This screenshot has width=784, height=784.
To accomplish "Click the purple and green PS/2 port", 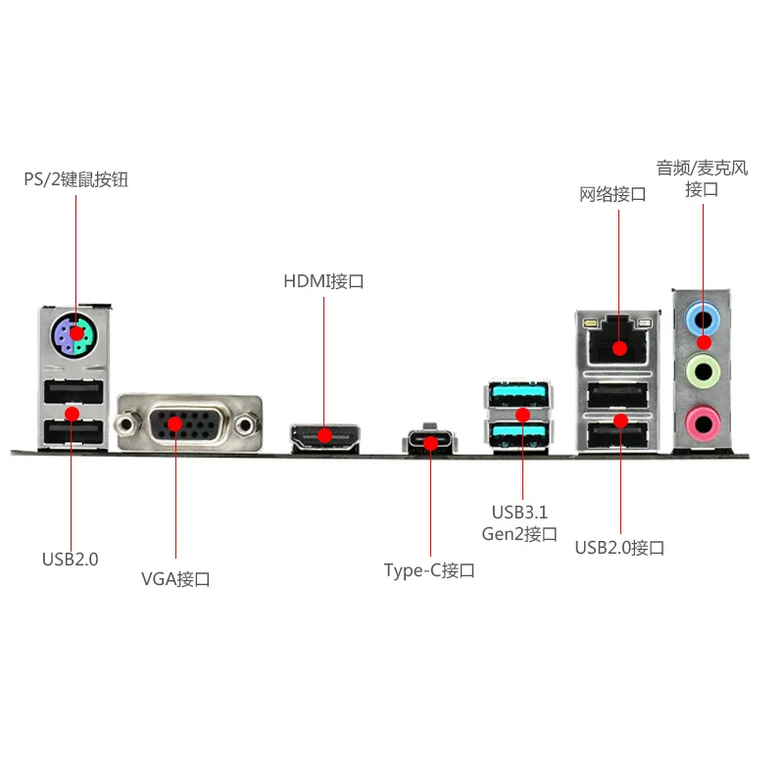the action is coord(74,335).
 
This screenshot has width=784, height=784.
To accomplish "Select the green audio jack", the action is coord(703,371).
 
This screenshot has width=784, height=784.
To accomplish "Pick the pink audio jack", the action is coord(703,423).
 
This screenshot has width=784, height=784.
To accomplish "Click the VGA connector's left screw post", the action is coord(125,425).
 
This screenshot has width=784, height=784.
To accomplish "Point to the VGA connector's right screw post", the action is coord(246,425).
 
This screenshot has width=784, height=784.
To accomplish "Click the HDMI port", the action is coord(325,437).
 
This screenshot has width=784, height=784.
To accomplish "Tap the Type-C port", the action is coord(430,441).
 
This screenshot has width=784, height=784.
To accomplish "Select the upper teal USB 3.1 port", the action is coord(517,395).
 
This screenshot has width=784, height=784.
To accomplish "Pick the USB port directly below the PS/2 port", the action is coord(73,391).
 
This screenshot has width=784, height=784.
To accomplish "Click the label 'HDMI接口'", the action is coord(323,281).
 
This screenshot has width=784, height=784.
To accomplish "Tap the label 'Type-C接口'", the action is coord(429,570).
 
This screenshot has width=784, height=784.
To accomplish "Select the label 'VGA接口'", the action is coord(175,579).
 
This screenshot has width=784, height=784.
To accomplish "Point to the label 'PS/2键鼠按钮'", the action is coord(76,179).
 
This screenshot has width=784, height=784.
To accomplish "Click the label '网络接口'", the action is coord(612,194).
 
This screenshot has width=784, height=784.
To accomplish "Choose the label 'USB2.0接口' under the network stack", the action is coord(619,548).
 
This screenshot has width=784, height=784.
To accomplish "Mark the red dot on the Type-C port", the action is coord(430,443).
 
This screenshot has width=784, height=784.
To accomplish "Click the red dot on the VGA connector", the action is coord(175,424).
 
